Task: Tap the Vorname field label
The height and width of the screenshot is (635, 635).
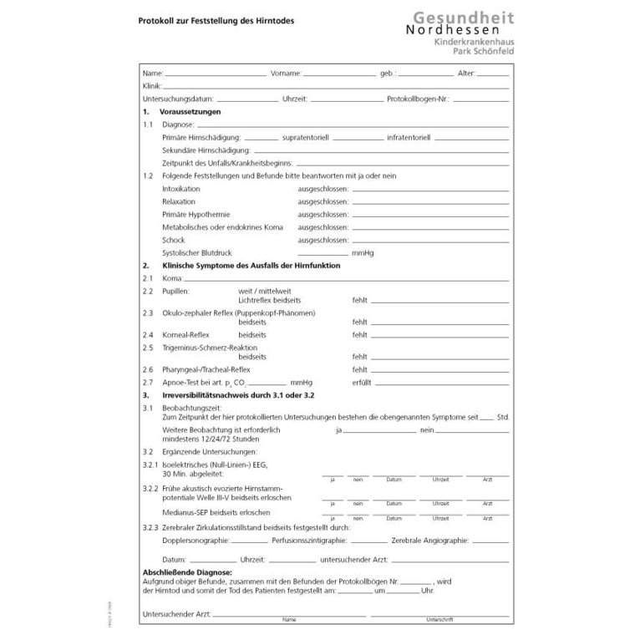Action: click(x=286, y=74)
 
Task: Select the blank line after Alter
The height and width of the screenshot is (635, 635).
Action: click(x=493, y=74)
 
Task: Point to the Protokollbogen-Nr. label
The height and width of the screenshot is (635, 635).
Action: click(x=418, y=99)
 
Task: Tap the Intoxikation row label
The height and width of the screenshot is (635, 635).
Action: click(x=181, y=189)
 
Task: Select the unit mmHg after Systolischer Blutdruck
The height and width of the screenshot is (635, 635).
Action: click(x=363, y=252)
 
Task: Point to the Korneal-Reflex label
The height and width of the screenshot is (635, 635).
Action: click(x=185, y=334)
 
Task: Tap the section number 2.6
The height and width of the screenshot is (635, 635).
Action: click(x=148, y=368)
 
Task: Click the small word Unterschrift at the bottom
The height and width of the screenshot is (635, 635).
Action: click(x=439, y=620)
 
